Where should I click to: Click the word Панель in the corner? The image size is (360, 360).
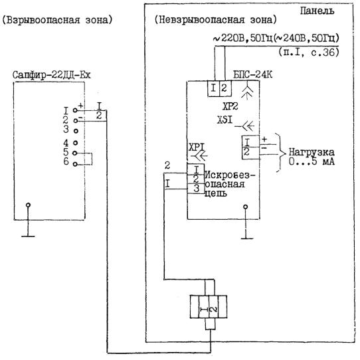coord(317,11)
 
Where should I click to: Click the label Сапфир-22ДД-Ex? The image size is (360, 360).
coord(52,75)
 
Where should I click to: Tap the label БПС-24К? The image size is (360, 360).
coord(253,74)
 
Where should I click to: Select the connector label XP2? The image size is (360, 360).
coord(230,106)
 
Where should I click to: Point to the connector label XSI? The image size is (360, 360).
coord(225,120)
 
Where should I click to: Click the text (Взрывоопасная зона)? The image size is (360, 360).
coord(57,20)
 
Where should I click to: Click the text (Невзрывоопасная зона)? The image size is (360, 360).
coord(216,20)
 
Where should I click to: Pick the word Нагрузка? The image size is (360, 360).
coord(312,152)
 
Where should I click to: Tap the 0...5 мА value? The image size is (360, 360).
coord(312,161)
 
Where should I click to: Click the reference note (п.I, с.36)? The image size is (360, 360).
coord(309,52)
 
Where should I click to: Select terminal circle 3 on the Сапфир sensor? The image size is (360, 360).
coord(76,131)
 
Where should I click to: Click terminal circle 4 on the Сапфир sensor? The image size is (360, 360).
coord(75,143)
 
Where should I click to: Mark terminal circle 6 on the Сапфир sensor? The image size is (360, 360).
coord(75,164)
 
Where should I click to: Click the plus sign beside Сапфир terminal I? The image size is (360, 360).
coord(80,106)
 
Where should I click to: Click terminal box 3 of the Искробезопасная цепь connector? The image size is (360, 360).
coord(196,189)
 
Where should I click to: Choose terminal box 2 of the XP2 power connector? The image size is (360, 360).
coord(225,88)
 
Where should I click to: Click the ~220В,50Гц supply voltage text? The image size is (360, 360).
coord(243,39)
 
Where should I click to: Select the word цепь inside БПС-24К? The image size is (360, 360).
coord(216,193)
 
